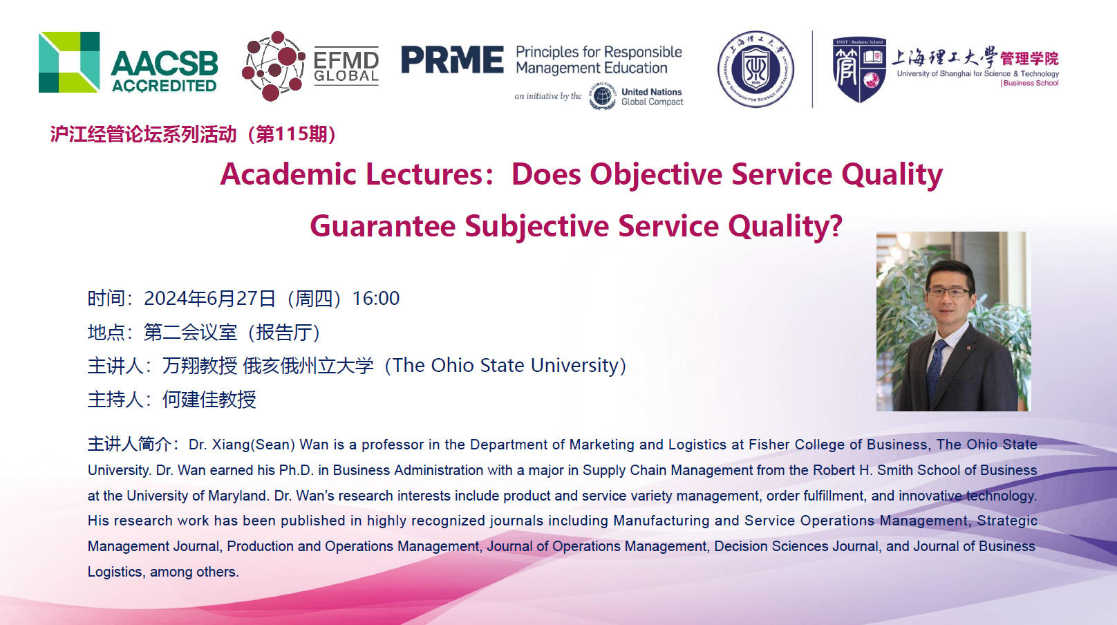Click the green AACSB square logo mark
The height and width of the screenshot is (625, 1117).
[69, 62]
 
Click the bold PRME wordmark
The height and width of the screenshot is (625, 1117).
[452, 60]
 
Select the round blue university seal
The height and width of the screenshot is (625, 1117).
[755, 69]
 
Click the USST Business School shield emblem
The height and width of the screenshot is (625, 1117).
[858, 70]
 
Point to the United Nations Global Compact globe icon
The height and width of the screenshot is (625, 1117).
[602, 96]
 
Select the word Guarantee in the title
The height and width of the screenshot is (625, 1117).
[382, 226]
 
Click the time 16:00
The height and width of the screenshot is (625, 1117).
[376, 298]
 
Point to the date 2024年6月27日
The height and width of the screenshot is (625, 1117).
[209, 298]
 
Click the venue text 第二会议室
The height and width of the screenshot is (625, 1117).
[190, 332]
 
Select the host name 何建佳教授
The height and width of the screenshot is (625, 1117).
[209, 400]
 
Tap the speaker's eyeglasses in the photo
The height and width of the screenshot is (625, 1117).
[948, 292]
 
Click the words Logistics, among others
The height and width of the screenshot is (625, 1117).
[163, 572]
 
